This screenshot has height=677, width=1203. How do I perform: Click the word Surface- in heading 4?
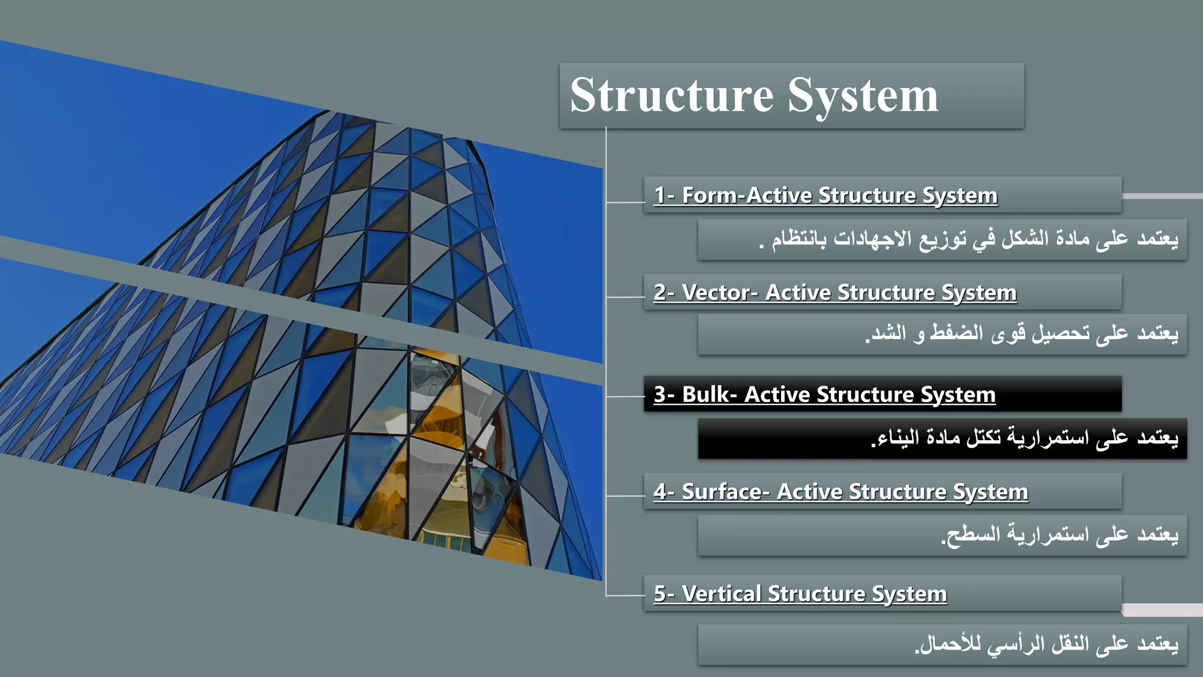[725, 491]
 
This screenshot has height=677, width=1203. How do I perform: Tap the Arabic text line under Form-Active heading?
[969, 239]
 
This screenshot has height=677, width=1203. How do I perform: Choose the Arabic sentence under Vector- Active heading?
[1022, 334]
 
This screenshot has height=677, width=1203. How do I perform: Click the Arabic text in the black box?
[1025, 438]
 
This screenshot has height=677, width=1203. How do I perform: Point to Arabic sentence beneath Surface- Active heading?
[1060, 535]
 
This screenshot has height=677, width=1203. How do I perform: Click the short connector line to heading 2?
[625, 297]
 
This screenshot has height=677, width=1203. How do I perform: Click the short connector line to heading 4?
[625, 496]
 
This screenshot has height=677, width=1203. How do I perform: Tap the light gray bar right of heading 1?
[1162, 196]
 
